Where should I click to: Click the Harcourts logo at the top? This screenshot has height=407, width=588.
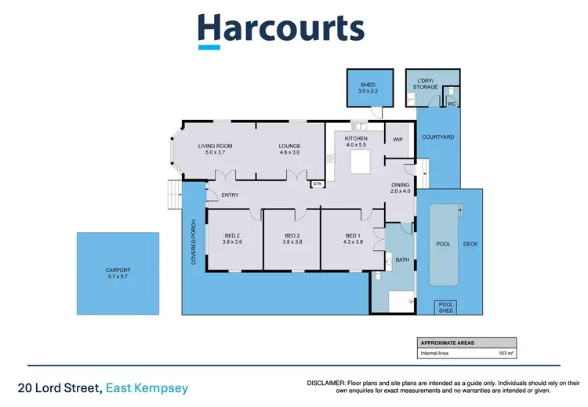(x=281, y=29)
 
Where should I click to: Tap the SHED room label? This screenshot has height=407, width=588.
(x=368, y=88)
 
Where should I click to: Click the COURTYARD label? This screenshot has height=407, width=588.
(x=437, y=137)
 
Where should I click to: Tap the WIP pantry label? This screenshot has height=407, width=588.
(x=397, y=140)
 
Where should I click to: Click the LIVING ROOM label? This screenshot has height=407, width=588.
(x=215, y=149)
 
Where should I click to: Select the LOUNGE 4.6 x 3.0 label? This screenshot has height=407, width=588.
(x=295, y=149)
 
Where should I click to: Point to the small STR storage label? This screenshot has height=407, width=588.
(x=318, y=184)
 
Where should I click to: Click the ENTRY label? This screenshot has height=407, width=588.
(x=230, y=194)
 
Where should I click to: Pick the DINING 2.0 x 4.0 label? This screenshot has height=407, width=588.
(x=401, y=188)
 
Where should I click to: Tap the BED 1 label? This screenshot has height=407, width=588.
(x=354, y=239)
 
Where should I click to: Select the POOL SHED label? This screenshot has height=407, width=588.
(x=446, y=307)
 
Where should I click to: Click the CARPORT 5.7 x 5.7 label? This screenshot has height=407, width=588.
(x=118, y=274)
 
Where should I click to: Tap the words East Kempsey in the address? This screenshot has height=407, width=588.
(x=149, y=387)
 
